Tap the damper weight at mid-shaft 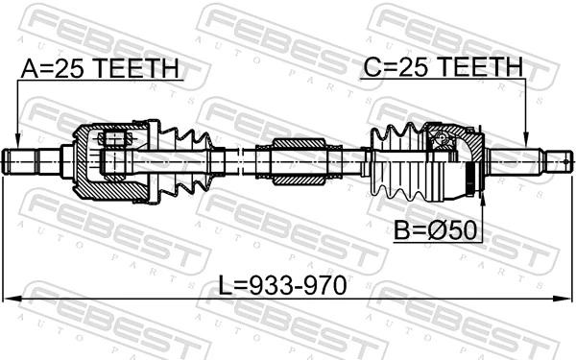pos(300,160)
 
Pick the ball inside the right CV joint pos(444,144)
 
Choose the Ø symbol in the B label pos(434,230)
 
